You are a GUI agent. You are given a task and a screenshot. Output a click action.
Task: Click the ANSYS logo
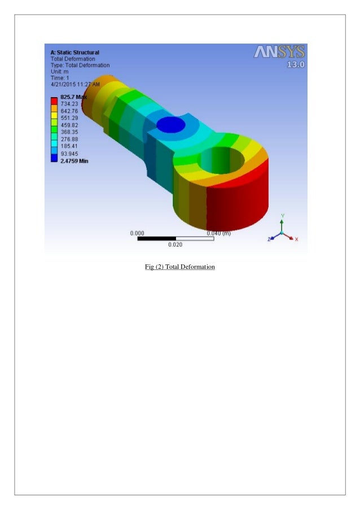pos(279,53)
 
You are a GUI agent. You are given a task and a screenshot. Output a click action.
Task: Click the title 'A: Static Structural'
pos(75,53)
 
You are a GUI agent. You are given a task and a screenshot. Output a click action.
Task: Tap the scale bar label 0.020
pos(175,245)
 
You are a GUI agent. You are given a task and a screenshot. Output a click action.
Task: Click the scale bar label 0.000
pos(137,233)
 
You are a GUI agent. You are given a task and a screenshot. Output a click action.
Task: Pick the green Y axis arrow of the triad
pos(282,223)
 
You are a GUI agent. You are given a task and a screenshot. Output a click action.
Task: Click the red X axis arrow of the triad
pos(291,238)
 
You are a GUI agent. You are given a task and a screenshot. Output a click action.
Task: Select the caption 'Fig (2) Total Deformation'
pos(179,266)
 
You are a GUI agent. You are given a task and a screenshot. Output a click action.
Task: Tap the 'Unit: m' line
pos(60,71)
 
